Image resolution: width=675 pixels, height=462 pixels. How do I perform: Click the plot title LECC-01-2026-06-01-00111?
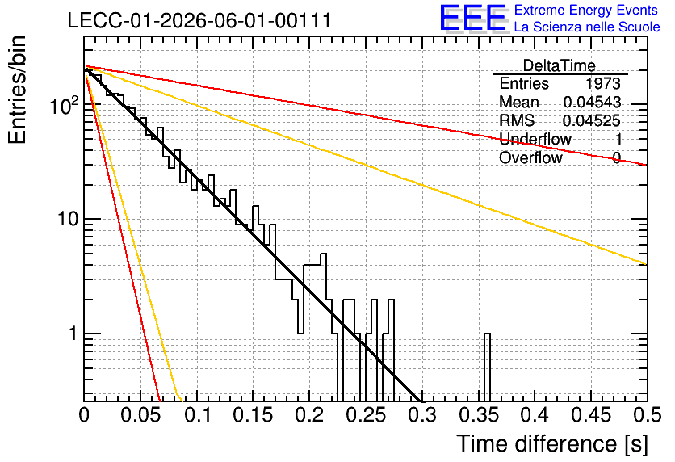[199, 20]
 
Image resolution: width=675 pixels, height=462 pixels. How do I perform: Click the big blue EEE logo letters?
[472, 18]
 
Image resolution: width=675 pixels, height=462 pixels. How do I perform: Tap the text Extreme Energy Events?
[586, 10]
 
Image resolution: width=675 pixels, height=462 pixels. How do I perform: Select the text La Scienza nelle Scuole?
[587, 27]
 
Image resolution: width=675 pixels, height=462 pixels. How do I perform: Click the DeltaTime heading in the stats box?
[560, 65]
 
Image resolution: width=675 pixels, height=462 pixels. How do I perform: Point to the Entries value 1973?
[602, 83]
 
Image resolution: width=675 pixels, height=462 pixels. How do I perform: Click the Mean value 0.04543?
[592, 102]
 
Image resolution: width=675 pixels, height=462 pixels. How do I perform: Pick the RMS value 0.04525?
[592, 120]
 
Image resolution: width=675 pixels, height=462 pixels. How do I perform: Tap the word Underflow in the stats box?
[535, 139]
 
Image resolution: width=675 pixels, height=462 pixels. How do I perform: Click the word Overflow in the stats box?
[530, 157]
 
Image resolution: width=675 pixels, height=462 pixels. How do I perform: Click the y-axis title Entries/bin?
[17, 90]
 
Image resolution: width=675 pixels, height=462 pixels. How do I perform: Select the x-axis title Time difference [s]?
[552, 443]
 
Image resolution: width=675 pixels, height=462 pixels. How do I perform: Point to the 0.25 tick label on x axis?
[366, 415]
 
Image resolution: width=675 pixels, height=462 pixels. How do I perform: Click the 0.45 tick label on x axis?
[591, 415]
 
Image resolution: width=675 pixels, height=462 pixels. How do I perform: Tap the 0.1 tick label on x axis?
[197, 415]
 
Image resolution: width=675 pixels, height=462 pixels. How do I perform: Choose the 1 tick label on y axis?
[73, 334]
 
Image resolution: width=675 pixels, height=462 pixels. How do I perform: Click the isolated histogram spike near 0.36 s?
[487, 367]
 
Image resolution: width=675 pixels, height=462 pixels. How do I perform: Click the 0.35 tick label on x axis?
[479, 415]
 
